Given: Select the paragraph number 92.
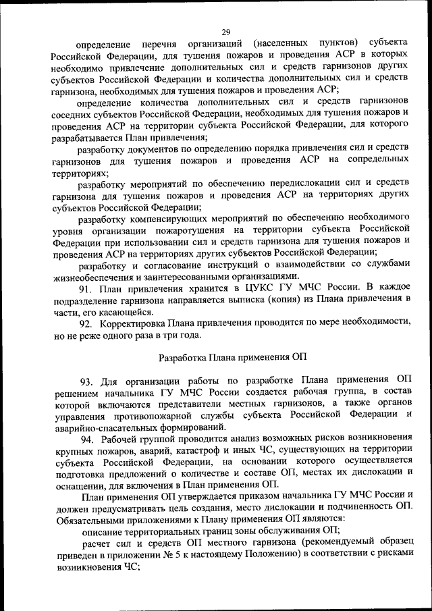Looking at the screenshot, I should (86, 323).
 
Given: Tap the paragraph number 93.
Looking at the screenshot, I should (86, 381).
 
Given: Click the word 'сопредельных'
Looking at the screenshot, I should (377, 160).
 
